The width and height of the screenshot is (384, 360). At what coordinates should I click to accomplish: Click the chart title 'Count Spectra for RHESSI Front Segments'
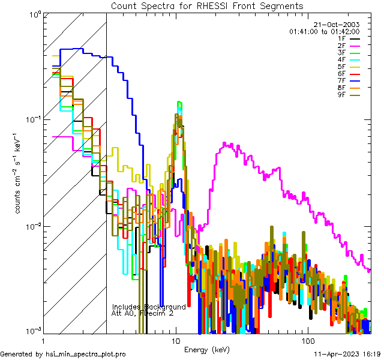point(207,5)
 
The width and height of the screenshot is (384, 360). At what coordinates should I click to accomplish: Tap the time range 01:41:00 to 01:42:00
point(324,31)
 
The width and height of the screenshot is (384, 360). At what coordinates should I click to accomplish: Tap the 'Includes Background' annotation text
point(149,307)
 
